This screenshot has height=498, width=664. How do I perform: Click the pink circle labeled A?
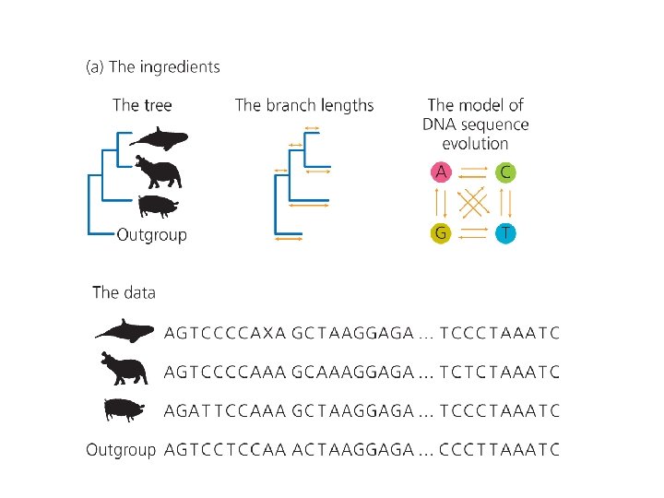tap(442, 172)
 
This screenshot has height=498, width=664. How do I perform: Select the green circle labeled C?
tap(504, 172)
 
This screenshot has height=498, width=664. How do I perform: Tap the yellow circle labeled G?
tap(442, 233)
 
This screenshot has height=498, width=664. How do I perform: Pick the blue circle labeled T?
tap(504, 233)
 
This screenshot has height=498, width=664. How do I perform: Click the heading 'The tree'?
tap(142, 105)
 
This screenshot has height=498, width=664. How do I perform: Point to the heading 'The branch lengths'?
tap(304, 105)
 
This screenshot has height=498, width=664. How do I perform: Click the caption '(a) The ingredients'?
tap(153, 66)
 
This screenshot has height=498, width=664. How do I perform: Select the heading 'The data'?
tap(125, 292)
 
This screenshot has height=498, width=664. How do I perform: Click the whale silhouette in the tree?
tap(159, 139)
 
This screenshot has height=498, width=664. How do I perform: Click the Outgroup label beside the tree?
tap(151, 235)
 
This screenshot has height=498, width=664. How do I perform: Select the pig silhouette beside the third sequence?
tap(125, 409)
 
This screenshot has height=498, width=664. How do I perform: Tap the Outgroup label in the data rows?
tap(121, 450)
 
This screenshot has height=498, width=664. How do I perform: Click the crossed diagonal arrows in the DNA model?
tap(473, 203)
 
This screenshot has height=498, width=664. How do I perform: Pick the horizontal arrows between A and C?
tap(473, 172)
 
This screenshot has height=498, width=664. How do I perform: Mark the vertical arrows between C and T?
tap(504, 203)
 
